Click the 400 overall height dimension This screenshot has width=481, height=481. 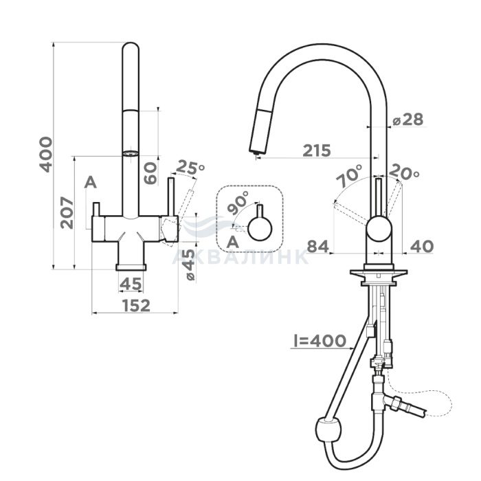point(45,155)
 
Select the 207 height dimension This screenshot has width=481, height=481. point(67,213)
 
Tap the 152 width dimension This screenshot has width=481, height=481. point(136,306)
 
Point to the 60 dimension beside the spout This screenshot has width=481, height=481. point(150,173)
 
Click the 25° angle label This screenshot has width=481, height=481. point(190,167)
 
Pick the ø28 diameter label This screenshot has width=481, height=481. point(408,120)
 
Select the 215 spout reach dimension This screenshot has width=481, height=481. point(317,150)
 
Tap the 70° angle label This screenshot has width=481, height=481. point(349,176)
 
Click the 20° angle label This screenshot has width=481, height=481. point(404,172)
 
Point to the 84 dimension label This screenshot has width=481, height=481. point(317,246)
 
